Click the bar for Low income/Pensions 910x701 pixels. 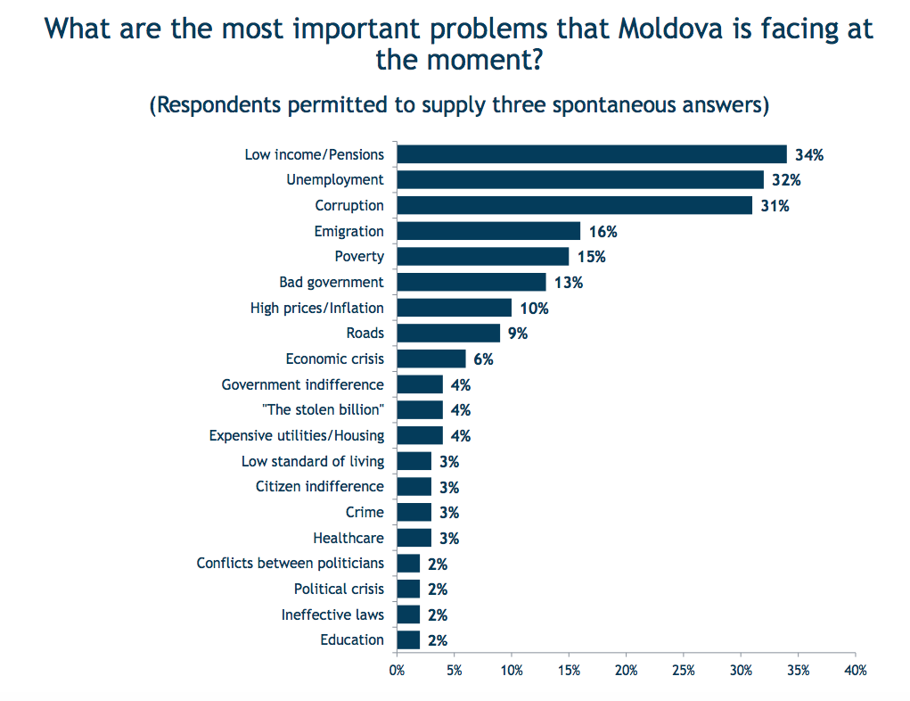[x=592, y=154]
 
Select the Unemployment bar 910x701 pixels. [x=580, y=180]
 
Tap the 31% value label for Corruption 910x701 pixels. [x=775, y=206]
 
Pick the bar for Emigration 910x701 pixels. [x=488, y=231]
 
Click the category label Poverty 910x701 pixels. [x=359, y=257]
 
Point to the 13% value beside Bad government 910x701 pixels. [x=568, y=283]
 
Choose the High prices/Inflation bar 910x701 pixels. [x=455, y=308]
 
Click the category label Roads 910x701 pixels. [x=365, y=333]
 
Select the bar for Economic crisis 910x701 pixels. [x=431, y=359]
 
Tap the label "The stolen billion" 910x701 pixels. [x=323, y=409]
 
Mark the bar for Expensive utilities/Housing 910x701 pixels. [x=420, y=435]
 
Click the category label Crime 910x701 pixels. [x=365, y=512]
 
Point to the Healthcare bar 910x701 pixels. [x=414, y=538]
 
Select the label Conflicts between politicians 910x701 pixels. [x=291, y=564]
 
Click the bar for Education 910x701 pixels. [x=408, y=640]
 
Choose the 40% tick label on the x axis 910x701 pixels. [x=856, y=671]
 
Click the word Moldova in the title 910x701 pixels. [x=670, y=29]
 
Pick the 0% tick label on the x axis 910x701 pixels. [x=397, y=671]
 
